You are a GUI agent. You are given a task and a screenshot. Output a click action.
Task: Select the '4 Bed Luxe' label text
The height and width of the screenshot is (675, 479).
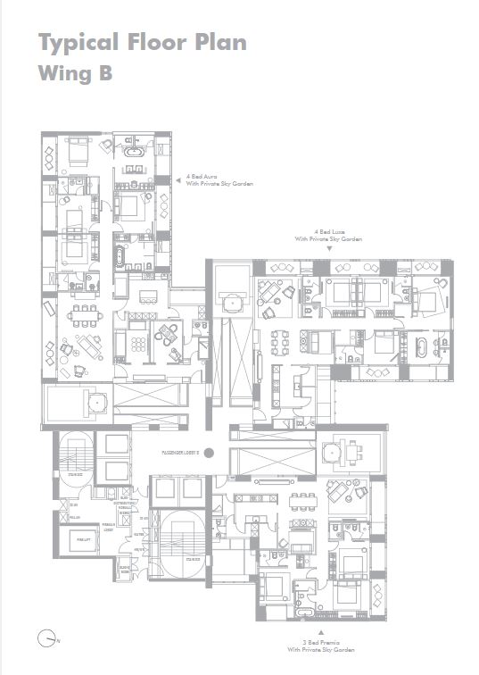coord(330,232)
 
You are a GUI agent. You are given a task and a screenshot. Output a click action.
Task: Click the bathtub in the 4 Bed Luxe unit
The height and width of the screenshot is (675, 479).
coord(418,343)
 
